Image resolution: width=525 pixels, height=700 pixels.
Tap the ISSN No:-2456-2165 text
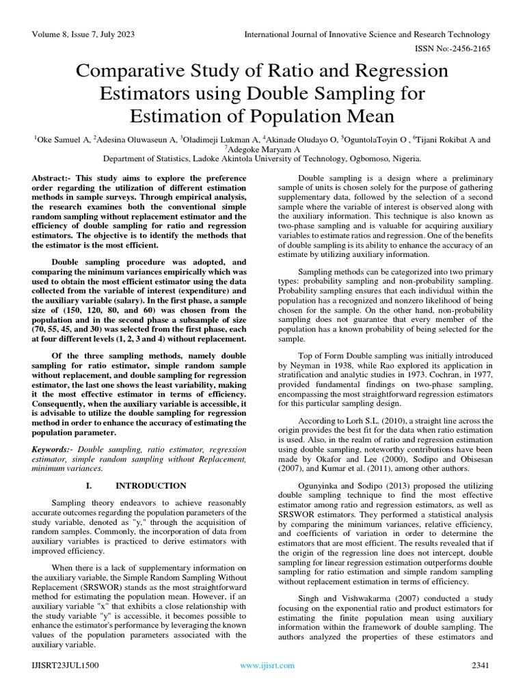455,50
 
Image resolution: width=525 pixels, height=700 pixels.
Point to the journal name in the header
368,35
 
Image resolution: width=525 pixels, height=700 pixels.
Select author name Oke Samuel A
62,139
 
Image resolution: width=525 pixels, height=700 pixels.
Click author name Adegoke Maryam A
263,150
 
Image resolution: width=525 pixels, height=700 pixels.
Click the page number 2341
480,666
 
